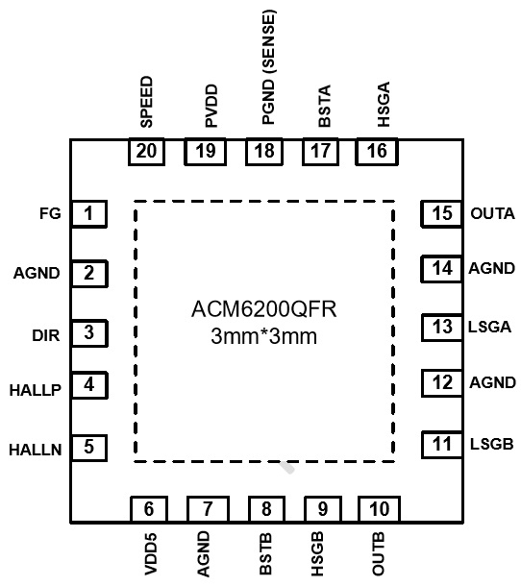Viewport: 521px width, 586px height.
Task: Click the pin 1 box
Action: [x=89, y=214]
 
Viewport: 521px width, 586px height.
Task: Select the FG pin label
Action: [x=50, y=214]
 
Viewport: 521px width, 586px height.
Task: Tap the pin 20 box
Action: [x=146, y=152]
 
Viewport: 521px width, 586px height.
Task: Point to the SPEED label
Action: [x=147, y=102]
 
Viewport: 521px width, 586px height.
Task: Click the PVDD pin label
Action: [x=211, y=106]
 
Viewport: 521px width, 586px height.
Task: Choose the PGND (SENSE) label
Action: [x=268, y=67]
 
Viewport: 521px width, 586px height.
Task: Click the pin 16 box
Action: [x=377, y=152]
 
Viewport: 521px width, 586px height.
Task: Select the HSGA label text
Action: [x=384, y=105]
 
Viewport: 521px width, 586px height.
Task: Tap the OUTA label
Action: [x=492, y=214]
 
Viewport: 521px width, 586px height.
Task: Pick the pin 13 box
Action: [x=442, y=328]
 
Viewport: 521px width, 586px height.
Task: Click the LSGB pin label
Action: [x=491, y=445]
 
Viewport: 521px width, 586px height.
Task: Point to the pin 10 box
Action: [x=380, y=509]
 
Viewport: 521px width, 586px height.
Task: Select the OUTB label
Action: [x=378, y=554]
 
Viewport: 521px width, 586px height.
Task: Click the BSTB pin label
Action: [x=265, y=554]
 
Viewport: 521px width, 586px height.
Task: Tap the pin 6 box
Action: [x=149, y=509]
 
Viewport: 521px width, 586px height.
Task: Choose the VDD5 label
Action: [x=151, y=554]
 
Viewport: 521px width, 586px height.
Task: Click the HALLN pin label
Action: [x=36, y=450]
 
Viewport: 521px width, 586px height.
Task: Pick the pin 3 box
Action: [x=89, y=333]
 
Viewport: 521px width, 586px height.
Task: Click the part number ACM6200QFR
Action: [x=264, y=309]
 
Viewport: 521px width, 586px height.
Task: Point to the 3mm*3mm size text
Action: [x=264, y=336]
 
